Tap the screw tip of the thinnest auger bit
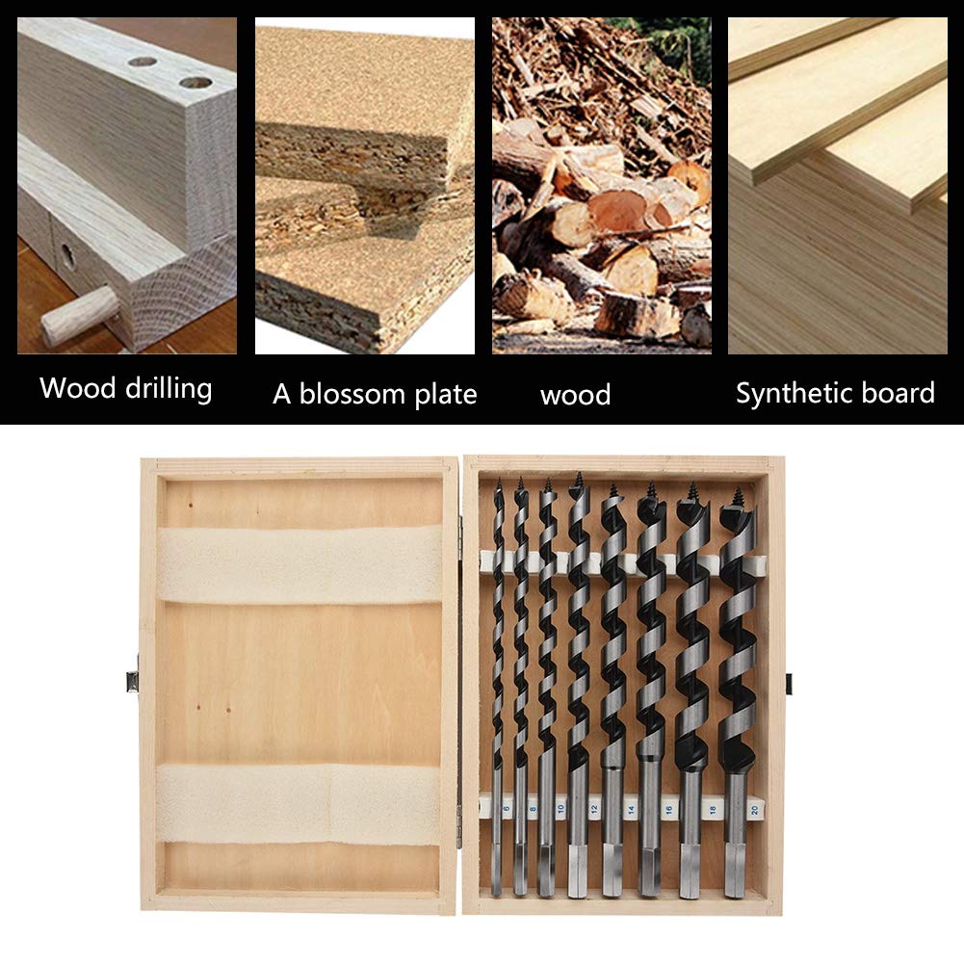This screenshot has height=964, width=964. [498, 485]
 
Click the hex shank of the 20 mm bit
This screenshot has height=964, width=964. [735, 872]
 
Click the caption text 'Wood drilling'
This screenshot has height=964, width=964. [125, 389]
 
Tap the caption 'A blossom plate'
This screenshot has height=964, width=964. [375, 394]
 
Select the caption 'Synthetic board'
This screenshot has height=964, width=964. [835, 393]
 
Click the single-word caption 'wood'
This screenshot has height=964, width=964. [575, 395]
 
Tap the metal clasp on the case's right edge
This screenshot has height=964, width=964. [789, 685]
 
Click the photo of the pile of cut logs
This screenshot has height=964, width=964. [601, 184]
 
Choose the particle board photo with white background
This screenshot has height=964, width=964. [364, 184]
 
